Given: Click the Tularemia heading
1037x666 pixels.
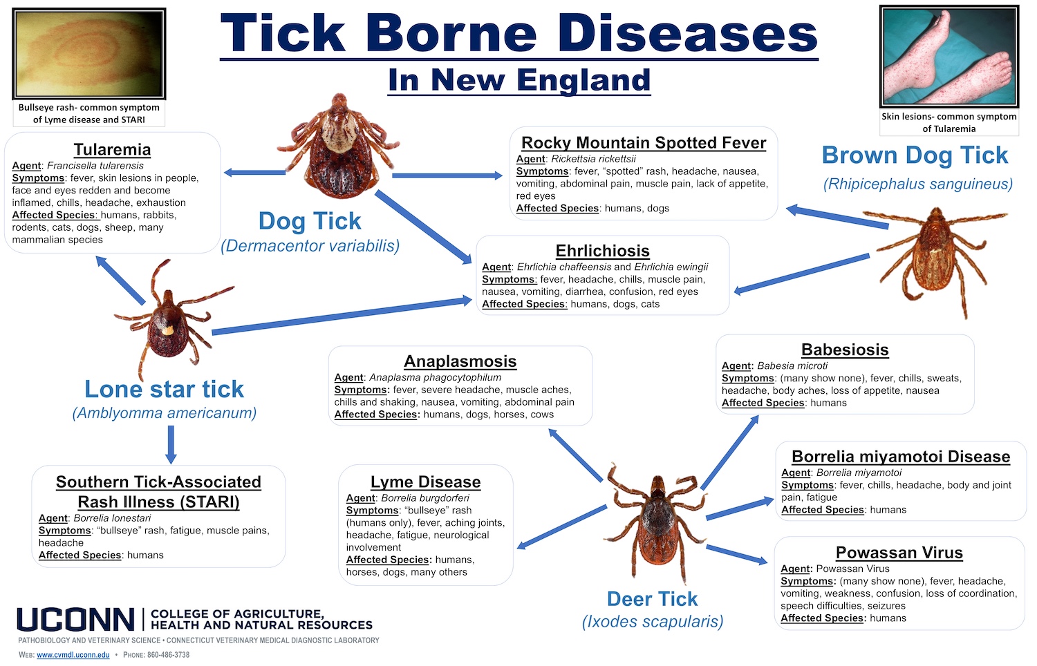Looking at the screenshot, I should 112,150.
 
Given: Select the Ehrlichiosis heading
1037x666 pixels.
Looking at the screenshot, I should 602,251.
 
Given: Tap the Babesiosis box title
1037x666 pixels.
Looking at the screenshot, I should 845,350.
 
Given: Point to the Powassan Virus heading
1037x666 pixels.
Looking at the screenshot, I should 899,553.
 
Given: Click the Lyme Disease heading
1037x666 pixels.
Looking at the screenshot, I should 425,482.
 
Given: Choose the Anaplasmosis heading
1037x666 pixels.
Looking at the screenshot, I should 460,361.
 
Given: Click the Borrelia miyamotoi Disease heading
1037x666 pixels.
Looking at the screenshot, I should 900,457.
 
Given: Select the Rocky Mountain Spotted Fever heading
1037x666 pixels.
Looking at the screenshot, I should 643,143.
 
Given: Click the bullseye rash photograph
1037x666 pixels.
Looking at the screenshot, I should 89,53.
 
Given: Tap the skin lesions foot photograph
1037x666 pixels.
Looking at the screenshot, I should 949,55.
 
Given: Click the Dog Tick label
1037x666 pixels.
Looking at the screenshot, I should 310,221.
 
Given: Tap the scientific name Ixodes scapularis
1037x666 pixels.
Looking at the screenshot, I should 652,622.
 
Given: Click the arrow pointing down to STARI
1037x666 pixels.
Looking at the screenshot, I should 171,444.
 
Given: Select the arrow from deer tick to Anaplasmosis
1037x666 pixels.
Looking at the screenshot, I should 576,455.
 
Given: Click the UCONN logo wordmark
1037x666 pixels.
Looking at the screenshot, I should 76,620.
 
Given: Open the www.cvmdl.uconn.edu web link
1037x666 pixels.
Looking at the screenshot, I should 73,655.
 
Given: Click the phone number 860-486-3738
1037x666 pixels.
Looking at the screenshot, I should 168,655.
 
